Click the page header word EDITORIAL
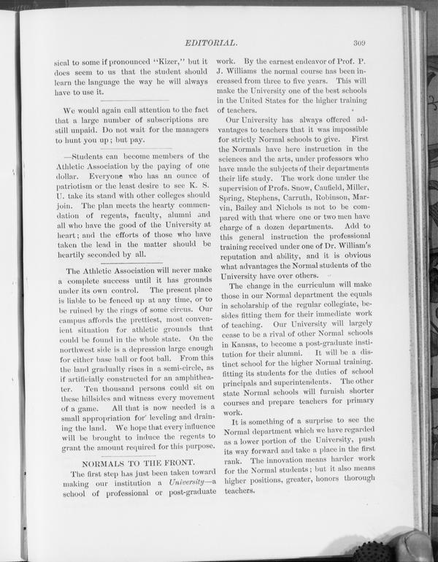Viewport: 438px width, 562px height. click(211, 43)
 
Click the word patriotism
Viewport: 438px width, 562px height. click(77, 188)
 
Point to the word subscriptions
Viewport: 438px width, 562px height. click(165, 120)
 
